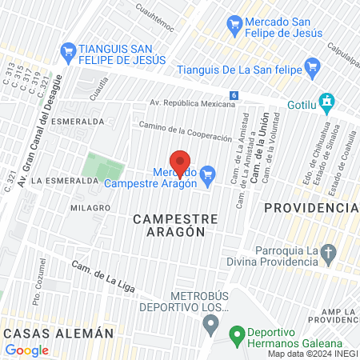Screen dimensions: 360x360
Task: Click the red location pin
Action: click(180, 163)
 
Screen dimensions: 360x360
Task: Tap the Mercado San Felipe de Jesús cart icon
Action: click(234, 24)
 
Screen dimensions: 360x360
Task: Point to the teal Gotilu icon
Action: click(326, 102)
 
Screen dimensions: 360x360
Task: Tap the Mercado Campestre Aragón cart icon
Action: click(208, 174)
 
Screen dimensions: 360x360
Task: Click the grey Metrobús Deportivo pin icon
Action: click(210, 324)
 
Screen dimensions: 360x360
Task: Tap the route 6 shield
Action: click(233, 95)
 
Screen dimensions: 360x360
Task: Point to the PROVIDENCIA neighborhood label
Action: click(310, 207)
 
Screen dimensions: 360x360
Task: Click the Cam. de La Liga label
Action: click(100, 274)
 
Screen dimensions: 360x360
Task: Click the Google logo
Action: click(27, 350)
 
